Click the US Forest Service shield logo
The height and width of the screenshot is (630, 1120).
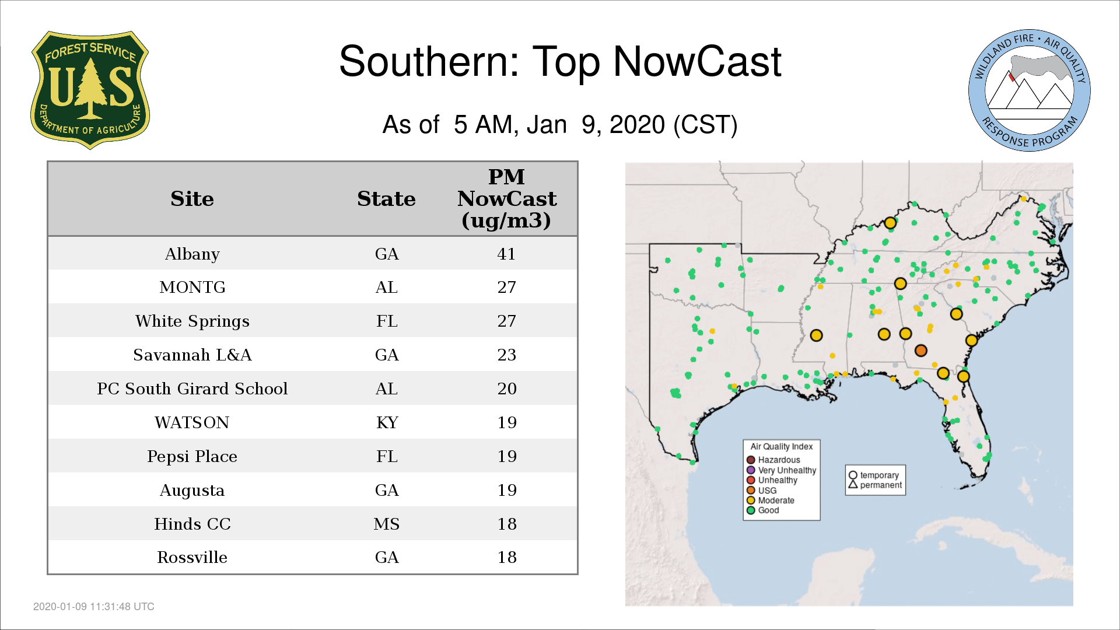tap(90, 90)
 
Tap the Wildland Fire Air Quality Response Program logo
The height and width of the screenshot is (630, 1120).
tap(1030, 90)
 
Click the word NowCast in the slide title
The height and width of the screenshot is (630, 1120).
tap(697, 61)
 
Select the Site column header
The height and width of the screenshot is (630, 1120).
tap(192, 199)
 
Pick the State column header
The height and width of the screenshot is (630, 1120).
tap(386, 199)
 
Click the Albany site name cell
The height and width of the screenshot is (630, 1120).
tap(192, 254)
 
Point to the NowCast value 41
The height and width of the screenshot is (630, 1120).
tap(506, 254)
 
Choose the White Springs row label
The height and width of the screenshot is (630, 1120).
tap(192, 321)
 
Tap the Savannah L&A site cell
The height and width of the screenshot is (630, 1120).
tap(192, 355)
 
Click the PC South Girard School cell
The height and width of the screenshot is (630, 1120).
tap(192, 388)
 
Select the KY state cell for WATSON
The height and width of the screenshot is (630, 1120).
tap(387, 422)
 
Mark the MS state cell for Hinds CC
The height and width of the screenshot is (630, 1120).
tap(387, 524)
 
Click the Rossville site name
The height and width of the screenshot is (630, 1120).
tap(192, 558)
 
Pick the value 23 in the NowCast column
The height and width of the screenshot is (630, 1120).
tap(506, 355)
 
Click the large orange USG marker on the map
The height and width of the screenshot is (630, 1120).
tap(921, 351)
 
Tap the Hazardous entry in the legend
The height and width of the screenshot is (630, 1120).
tap(775, 460)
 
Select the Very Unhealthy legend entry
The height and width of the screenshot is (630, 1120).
tap(782, 470)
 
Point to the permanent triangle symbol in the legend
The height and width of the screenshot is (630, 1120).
tap(853, 484)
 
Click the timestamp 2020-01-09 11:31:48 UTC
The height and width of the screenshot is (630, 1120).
tap(94, 607)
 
